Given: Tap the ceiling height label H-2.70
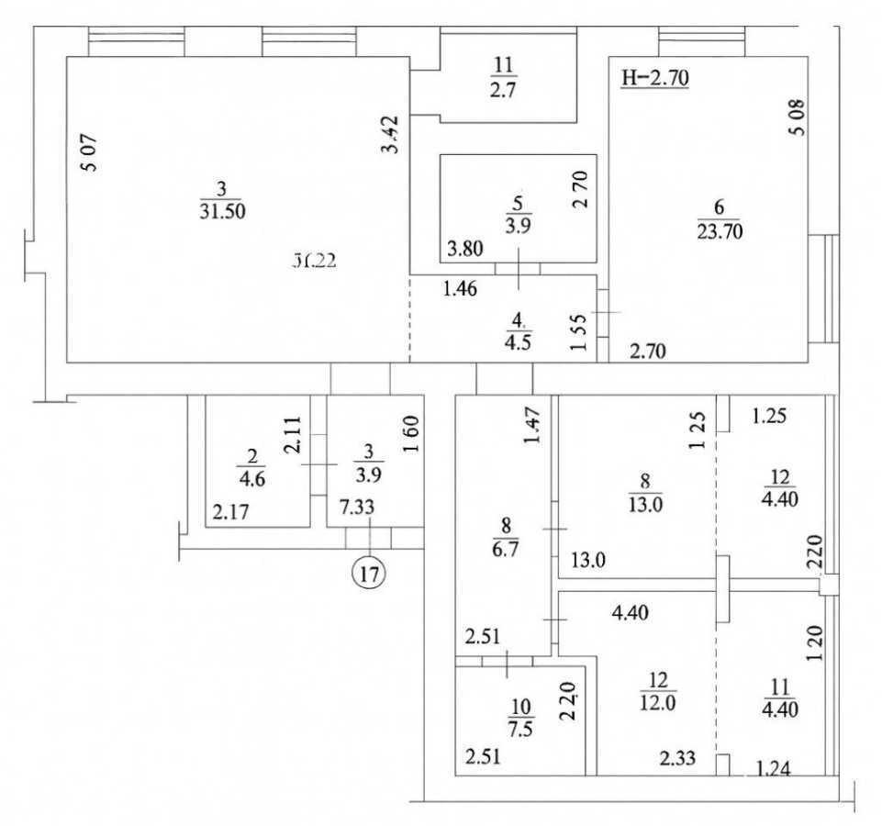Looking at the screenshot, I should click(654, 78).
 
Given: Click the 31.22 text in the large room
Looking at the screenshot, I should click(315, 260).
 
